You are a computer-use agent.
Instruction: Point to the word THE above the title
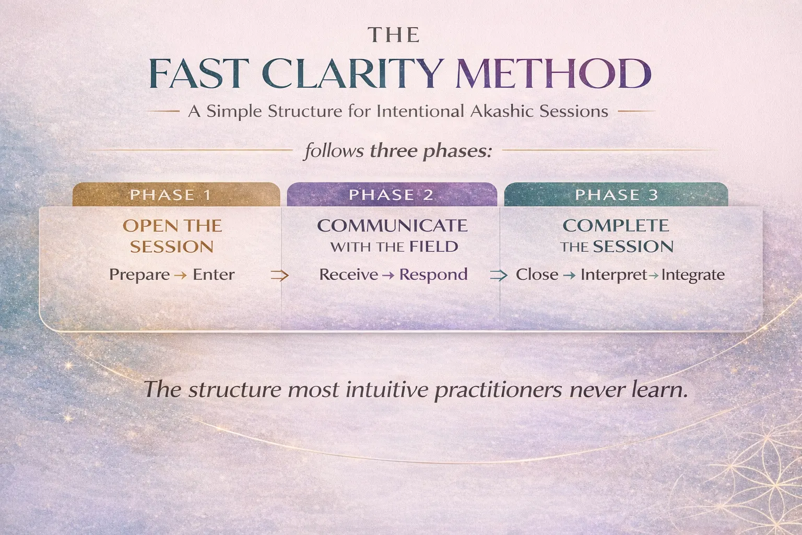394,35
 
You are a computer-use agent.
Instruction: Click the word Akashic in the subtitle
501,111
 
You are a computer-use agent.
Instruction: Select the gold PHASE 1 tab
171,195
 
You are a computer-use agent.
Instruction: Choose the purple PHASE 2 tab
391,195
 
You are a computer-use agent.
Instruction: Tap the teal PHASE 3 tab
616,195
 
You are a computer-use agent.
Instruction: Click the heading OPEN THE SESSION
172,236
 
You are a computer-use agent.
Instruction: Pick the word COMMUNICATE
392,226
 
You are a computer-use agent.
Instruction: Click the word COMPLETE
616,226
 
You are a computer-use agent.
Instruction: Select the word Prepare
139,275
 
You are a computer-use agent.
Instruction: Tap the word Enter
214,275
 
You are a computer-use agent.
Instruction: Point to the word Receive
348,275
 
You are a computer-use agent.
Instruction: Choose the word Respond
433,275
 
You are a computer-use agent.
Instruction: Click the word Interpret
614,275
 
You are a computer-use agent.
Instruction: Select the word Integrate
693,275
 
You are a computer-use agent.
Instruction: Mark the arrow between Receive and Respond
388,275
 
